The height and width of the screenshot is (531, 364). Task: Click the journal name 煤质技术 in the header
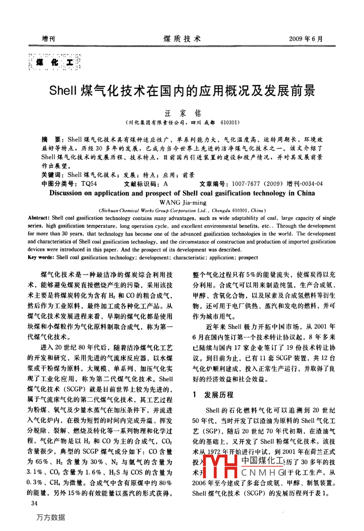pos(182,39)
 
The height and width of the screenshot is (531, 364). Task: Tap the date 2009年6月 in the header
pos(306,39)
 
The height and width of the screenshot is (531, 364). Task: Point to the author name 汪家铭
pos(182,113)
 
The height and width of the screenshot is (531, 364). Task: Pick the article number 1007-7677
pos(246,184)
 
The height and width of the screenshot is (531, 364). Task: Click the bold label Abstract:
pos(39,218)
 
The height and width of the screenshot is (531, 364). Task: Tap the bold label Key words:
pos(40,257)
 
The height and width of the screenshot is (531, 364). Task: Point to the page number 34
pos(34,503)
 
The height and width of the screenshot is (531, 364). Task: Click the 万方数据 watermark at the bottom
pos(50,517)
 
